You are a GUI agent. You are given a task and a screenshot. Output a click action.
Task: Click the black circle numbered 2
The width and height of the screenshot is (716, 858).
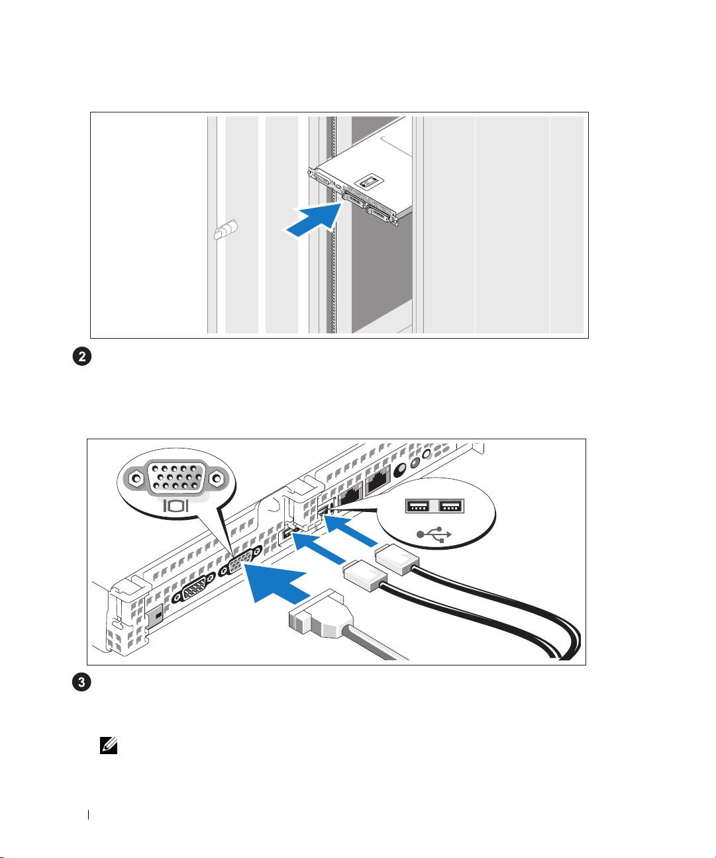pos(82,357)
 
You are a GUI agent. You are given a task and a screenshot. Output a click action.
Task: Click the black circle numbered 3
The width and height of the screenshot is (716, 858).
pos(82,682)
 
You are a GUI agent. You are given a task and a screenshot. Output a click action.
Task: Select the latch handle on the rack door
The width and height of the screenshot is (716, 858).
pos(226,230)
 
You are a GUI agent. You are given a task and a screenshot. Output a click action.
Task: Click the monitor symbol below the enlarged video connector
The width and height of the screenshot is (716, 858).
pos(176,505)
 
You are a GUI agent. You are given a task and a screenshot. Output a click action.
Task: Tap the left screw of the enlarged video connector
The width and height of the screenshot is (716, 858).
pos(136,478)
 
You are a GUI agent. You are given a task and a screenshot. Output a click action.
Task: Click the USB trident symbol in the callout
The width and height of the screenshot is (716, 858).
pos(434,535)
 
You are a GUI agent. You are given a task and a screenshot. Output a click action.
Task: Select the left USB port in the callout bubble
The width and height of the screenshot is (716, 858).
pos(417,506)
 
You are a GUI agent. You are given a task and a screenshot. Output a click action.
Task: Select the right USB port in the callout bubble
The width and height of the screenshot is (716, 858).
pos(452,506)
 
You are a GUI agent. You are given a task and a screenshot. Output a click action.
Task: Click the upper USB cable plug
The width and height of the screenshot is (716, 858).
pos(397,559)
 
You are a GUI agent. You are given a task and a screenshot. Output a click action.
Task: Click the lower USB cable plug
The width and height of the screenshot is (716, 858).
pos(366,576)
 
